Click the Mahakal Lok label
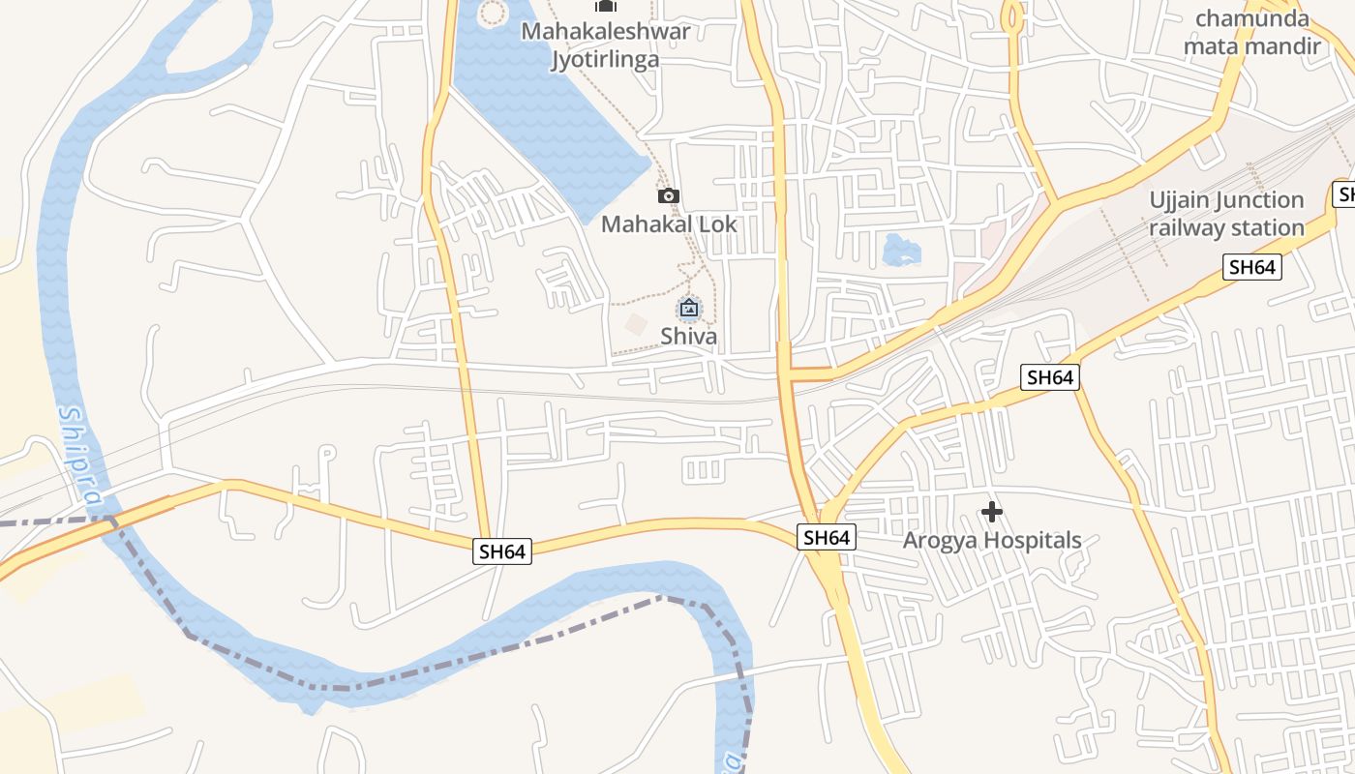(669, 224)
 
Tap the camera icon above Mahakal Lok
(668, 196)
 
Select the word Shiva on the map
(689, 337)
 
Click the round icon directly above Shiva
(689, 309)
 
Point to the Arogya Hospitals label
(992, 540)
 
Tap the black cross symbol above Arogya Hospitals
(992, 511)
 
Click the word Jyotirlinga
(605, 59)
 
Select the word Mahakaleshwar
(606, 31)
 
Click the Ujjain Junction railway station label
(1226, 214)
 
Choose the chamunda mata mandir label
(1251, 32)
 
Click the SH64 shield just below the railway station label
(1252, 267)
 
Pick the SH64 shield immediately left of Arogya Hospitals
(827, 537)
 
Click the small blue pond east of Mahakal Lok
(901, 251)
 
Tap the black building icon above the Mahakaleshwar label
(606, 6)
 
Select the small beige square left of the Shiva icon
(635, 324)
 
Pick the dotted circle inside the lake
(494, 13)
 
